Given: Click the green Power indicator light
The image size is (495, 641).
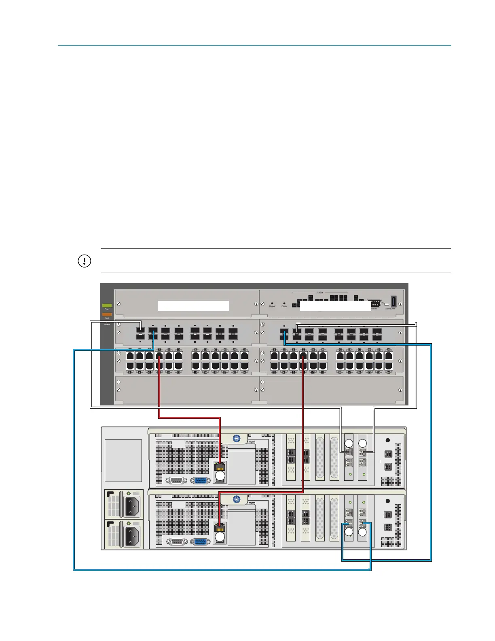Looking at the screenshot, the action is point(107,306).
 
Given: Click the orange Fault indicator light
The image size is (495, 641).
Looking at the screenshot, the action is point(107,314).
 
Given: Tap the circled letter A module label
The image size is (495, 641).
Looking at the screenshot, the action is point(119,325).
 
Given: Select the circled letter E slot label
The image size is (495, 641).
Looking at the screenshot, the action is point(119,382).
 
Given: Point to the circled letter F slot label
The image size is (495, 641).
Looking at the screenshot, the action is point(263,382).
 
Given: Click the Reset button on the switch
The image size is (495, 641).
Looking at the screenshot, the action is point(272,303).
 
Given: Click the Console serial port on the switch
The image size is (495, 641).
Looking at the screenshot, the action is point(375,304).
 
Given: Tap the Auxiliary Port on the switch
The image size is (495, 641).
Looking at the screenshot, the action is point(393,301).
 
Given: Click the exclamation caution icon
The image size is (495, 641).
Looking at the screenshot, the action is point(84,261).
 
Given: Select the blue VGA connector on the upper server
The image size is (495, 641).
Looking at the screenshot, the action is point(200,481).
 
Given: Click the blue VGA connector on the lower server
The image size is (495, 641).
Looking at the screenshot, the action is point(200,542).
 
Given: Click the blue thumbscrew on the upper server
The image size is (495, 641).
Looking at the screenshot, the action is point(237,438).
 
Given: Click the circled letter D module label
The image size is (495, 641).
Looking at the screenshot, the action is point(263,353).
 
